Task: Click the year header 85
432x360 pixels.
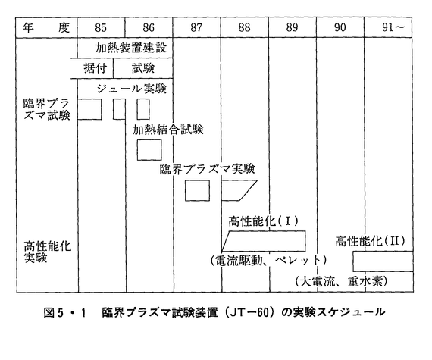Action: tap(101, 27)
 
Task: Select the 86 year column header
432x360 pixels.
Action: tap(149, 27)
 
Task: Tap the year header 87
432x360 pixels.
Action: tap(196, 27)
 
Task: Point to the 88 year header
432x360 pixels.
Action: tap(244, 27)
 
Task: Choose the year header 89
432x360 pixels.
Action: tap(292, 27)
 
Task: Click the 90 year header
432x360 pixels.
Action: tap(340, 27)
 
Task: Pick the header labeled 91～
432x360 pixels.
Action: tap(393, 27)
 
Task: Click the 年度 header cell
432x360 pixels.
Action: tap(46, 27)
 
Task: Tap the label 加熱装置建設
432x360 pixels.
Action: tap(131, 48)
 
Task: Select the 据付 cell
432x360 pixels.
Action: tap(95, 68)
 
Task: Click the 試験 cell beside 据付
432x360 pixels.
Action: tap(143, 68)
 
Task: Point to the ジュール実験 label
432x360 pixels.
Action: tap(131, 89)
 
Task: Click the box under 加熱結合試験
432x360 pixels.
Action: tap(149, 150)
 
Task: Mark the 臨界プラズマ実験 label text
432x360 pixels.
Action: tap(208, 169)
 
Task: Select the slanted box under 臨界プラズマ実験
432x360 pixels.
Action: tap(239, 190)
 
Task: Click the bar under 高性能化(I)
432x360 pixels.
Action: tap(264, 241)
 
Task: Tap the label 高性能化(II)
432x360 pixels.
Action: tap(371, 241)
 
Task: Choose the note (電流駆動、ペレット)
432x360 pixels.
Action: tap(268, 260)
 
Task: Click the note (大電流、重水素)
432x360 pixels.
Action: tap(341, 281)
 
